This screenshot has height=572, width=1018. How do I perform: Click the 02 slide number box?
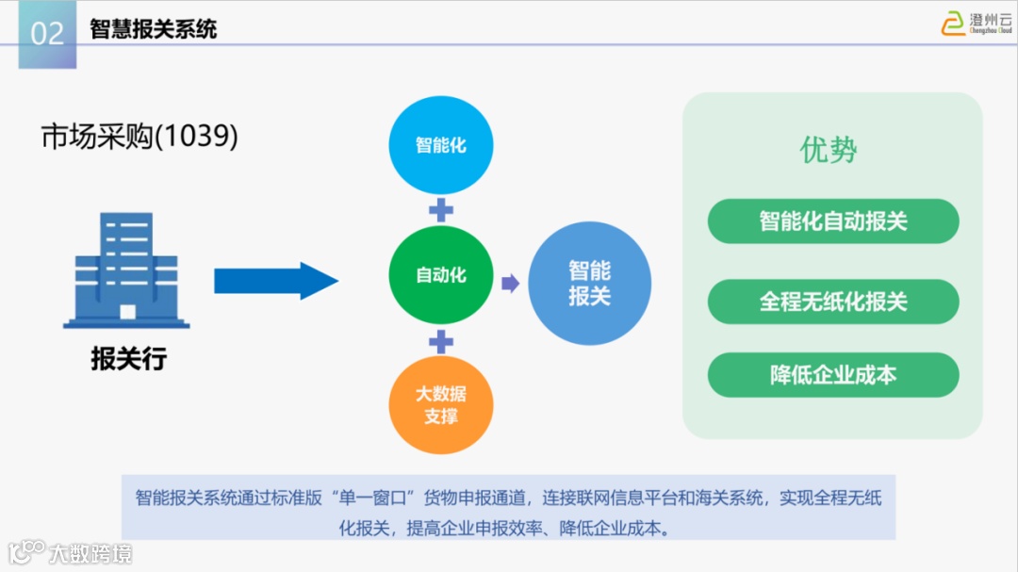tap(47, 34)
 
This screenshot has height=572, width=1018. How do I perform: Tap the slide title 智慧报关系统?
tap(154, 29)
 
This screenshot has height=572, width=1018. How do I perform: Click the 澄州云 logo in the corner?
tap(976, 23)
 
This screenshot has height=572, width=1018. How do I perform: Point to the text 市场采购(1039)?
tap(140, 137)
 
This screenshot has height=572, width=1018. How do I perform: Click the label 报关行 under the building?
tap(128, 359)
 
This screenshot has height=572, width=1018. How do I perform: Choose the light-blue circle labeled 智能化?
tap(441, 146)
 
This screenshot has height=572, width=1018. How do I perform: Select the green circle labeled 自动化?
tap(441, 276)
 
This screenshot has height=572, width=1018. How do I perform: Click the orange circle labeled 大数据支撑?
tap(441, 404)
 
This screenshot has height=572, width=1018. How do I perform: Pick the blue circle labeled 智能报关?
tap(589, 284)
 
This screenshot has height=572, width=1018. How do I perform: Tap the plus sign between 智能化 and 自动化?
tap(441, 209)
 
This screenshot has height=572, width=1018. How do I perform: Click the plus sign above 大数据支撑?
tap(441, 340)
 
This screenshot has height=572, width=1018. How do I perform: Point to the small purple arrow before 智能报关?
tap(510, 283)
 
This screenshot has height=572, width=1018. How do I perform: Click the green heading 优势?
tap(829, 151)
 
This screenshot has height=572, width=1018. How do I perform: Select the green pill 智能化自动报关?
tap(833, 221)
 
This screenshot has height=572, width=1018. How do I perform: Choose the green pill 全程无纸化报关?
tap(833, 302)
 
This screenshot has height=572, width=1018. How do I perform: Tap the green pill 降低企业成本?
tap(833, 374)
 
